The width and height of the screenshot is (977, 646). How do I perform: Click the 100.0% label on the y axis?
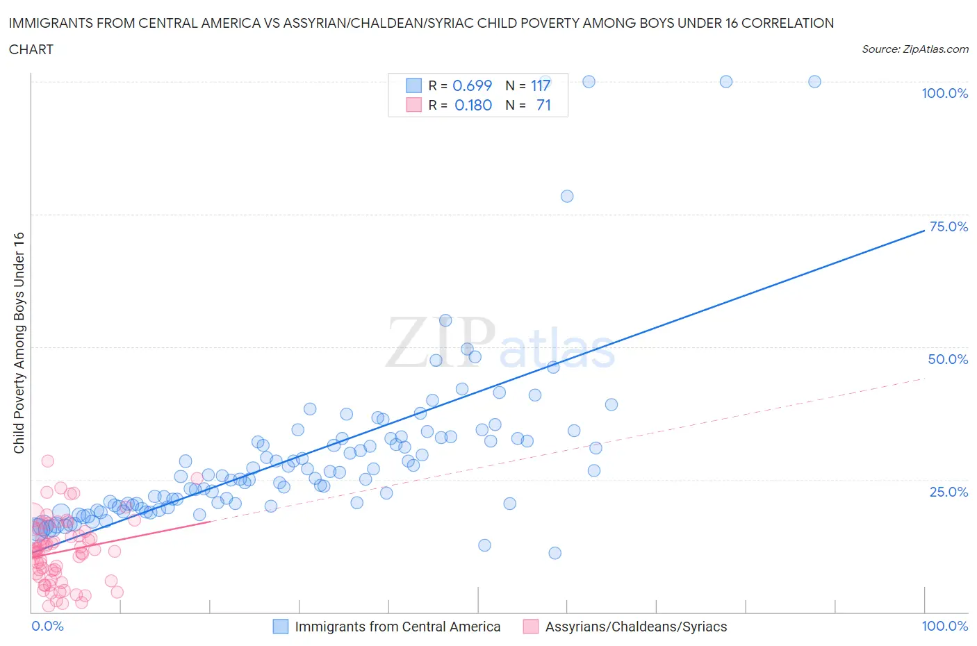pyautogui.click(x=944, y=93)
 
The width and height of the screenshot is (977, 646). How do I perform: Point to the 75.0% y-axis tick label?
pyautogui.click(x=949, y=226)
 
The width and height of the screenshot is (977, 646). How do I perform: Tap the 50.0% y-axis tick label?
pyautogui.click(x=948, y=359)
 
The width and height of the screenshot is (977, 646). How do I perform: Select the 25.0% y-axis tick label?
pyautogui.click(x=949, y=492)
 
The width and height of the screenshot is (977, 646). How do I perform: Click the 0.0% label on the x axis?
pyautogui.click(x=47, y=626)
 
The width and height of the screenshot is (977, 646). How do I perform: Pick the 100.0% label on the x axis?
pyautogui.click(x=944, y=626)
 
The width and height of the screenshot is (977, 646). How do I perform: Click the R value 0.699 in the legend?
pyautogui.click(x=472, y=85)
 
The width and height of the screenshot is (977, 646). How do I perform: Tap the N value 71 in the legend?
pyautogui.click(x=543, y=105)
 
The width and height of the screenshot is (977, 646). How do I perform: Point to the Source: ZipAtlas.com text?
pyautogui.click(x=914, y=49)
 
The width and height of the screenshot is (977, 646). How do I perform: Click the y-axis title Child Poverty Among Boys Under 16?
pyautogui.click(x=19, y=342)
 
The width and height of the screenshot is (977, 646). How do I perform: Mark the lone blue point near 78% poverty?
pyautogui.click(x=567, y=196)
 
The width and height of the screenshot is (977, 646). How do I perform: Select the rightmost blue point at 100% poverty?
pyautogui.click(x=814, y=81)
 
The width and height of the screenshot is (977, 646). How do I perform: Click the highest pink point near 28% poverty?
pyautogui.click(x=47, y=461)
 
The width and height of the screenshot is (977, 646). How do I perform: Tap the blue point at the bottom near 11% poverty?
pyautogui.click(x=555, y=553)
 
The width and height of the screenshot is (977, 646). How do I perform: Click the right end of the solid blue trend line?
pyautogui.click(x=924, y=229)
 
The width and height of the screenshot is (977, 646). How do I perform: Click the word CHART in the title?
pyautogui.click(x=31, y=49)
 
